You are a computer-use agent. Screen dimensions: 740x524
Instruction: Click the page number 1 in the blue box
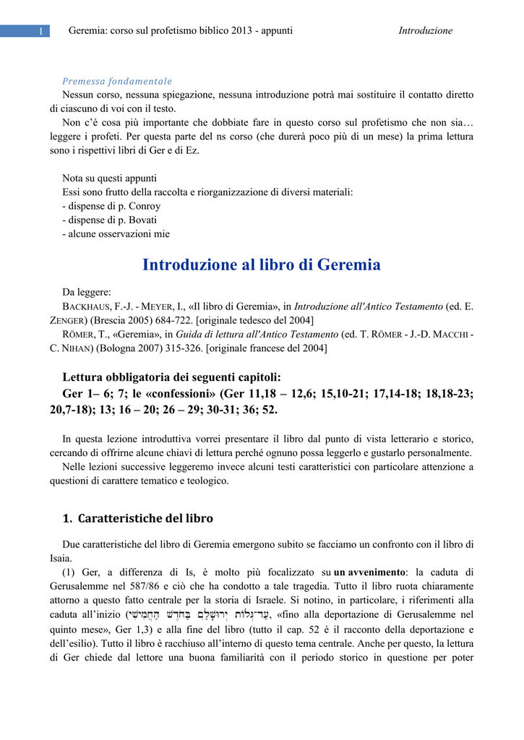pos(41,31)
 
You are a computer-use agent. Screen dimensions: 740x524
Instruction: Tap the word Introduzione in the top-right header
pos(425,30)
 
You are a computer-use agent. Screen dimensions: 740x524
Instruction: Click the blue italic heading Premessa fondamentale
pos(117,81)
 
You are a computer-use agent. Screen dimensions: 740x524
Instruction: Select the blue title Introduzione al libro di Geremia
pos(262,264)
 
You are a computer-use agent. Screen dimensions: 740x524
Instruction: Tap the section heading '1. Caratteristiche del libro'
pos(137,518)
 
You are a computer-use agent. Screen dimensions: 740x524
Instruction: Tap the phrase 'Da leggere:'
pos(87,292)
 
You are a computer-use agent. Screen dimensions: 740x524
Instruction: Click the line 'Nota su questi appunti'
pos(109,178)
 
